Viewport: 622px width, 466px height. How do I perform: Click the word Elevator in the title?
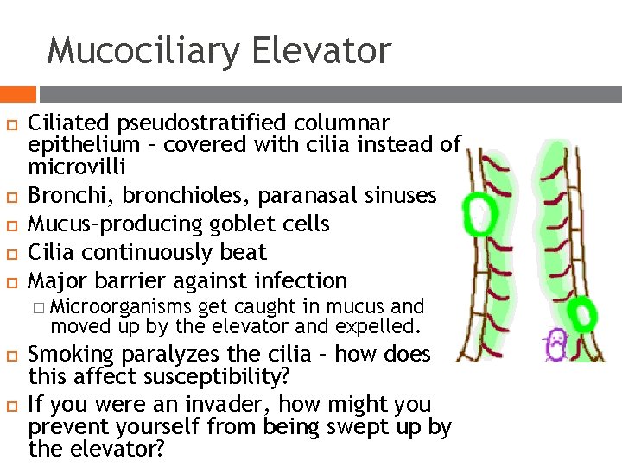point(322,50)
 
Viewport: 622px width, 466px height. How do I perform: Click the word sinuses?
point(400,195)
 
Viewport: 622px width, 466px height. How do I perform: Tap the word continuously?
point(149,252)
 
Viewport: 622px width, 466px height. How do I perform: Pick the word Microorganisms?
point(122,306)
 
